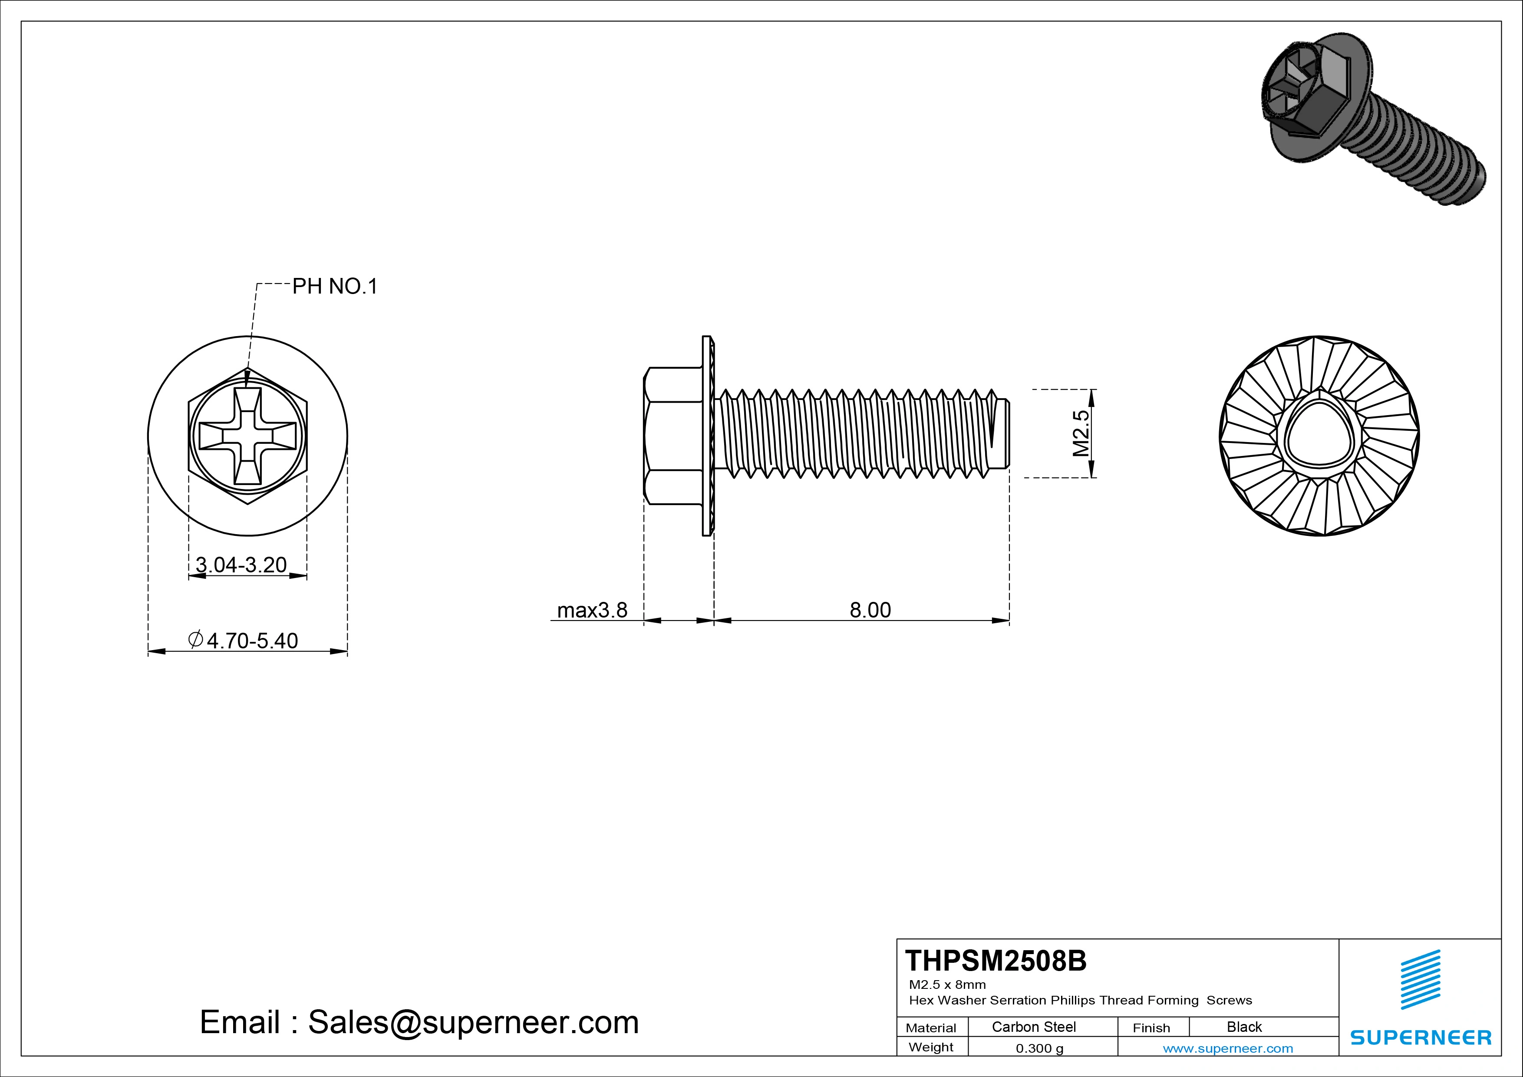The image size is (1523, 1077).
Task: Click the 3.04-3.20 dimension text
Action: pos(241,565)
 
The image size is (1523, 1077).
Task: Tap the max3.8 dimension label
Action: pos(592,610)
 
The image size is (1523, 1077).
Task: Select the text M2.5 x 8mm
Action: pos(947,984)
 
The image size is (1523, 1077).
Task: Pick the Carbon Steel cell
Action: pos(1033,1027)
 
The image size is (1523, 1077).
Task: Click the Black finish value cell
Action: pos(1244,1027)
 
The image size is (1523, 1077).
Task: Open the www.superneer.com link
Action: pos(1228,1048)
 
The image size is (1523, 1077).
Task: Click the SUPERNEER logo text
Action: pos(1420,1037)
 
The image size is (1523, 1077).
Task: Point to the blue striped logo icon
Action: pos(1420,979)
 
